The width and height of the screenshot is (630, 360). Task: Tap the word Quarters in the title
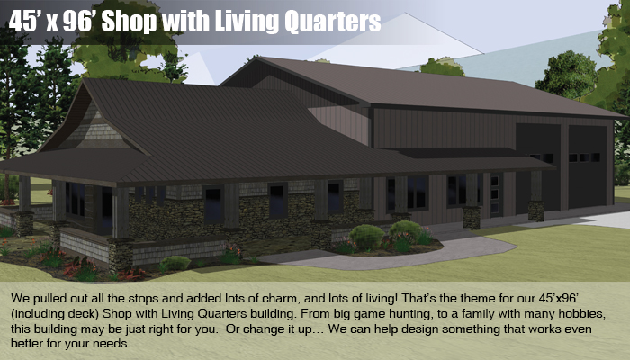(332, 22)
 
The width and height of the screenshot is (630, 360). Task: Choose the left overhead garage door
(538, 166)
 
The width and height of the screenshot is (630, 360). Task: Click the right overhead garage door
(587, 166)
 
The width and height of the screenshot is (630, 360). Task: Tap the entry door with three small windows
(495, 195)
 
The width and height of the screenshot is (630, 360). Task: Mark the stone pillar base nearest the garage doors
(536, 211)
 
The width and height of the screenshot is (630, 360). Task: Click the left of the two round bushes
(366, 238)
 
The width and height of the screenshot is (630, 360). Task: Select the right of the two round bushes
(405, 231)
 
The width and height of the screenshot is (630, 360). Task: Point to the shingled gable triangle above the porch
(95, 128)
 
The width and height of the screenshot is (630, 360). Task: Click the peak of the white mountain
(405, 13)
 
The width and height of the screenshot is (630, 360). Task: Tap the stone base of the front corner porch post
(121, 254)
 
